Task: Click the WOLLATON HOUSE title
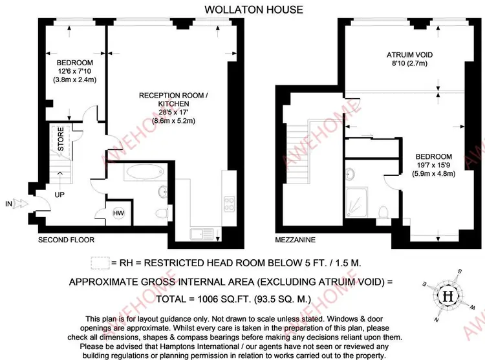click(253, 10)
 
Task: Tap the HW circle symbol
click(118, 213)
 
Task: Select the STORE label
click(61, 139)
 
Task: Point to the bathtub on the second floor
click(145, 172)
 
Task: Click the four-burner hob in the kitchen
click(229, 204)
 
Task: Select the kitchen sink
click(202, 234)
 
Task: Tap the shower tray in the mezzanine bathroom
click(356, 203)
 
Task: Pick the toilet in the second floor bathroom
click(162, 213)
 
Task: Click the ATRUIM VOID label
click(409, 55)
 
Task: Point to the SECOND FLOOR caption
click(66, 240)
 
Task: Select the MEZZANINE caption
click(296, 240)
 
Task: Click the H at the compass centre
click(448, 297)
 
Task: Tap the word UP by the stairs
click(59, 195)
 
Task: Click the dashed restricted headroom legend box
click(100, 263)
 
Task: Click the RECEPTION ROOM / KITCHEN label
click(173, 100)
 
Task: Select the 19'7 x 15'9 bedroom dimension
click(434, 165)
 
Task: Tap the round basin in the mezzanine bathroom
click(349, 174)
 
